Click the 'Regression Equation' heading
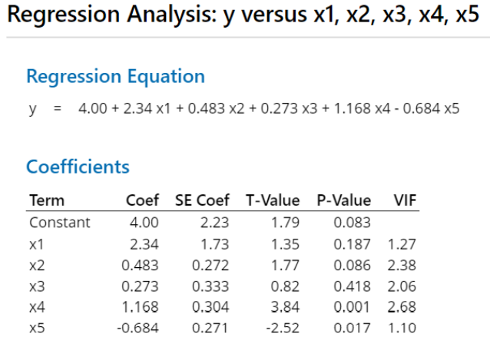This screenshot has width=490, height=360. click(x=115, y=76)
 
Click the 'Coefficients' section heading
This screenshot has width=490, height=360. click(x=78, y=167)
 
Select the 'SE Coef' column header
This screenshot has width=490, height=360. click(x=202, y=201)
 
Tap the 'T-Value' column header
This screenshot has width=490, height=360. click(x=272, y=201)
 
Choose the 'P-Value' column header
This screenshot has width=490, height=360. click(x=343, y=201)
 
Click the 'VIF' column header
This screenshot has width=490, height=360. click(x=404, y=201)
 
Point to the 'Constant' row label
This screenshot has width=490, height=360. click(x=59, y=223)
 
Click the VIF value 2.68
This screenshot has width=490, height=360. click(x=402, y=307)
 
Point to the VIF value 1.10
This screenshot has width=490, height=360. click(x=402, y=329)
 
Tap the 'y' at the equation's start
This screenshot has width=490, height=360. click(x=33, y=109)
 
